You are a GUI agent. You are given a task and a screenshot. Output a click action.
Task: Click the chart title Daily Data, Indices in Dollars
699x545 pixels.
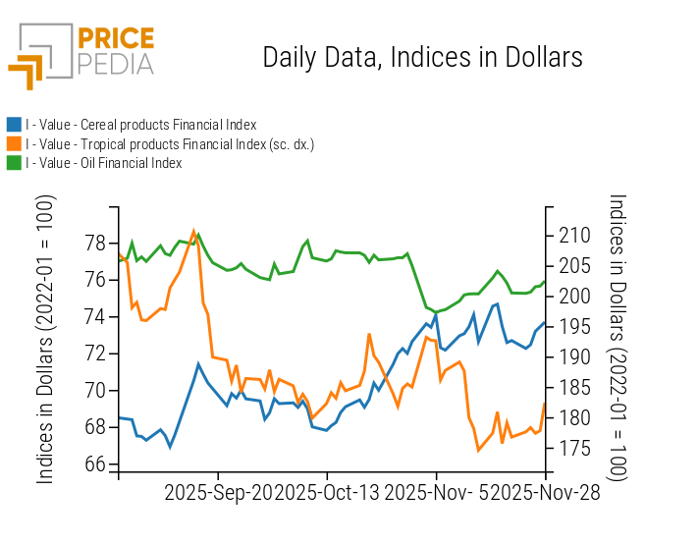point(422,57)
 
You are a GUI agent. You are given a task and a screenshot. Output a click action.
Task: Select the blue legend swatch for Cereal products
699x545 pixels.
point(14,125)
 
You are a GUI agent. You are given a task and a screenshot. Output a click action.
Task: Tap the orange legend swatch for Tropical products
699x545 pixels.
point(14,144)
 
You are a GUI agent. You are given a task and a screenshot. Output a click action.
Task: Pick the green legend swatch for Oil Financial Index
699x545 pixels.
point(14,163)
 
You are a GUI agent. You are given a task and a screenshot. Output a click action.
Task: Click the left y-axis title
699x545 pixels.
point(45,339)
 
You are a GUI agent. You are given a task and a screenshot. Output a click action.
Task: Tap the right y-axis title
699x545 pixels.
point(618,339)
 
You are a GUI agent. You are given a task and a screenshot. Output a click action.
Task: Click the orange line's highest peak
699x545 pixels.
point(193,230)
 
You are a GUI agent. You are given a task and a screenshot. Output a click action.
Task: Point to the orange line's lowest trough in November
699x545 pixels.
point(478,450)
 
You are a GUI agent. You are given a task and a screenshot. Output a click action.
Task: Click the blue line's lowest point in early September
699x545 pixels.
point(170,447)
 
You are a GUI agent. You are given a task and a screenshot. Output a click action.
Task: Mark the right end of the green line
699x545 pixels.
point(545,282)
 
